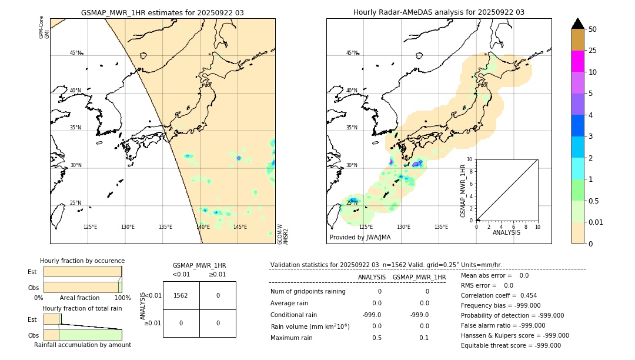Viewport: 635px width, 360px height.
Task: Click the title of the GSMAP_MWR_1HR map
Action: coord(162,12)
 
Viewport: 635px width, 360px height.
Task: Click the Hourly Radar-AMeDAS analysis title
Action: coord(439,12)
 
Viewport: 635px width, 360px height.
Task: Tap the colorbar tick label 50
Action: coord(593,29)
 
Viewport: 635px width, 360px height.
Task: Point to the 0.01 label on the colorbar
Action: coord(596,222)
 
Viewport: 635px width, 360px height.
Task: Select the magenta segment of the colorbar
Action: coord(577,61)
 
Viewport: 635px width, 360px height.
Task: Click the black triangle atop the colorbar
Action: coord(577,24)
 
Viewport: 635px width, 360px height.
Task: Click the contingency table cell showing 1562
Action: coord(181,295)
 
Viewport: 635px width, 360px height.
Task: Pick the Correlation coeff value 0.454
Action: coord(523,296)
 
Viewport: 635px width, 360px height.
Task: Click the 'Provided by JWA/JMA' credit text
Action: coord(360,238)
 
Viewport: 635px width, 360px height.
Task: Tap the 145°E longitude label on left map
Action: coord(240,227)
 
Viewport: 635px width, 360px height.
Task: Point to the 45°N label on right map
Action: coord(352,53)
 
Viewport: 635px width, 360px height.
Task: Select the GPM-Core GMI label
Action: coord(44,28)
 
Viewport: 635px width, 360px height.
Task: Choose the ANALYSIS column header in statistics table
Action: coord(372,277)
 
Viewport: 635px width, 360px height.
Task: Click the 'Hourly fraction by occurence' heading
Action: coord(82,261)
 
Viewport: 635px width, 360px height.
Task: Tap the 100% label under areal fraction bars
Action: coord(113,298)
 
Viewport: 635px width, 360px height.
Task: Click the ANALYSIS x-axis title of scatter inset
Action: coord(507,233)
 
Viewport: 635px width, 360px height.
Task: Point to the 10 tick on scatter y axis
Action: coord(470,159)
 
